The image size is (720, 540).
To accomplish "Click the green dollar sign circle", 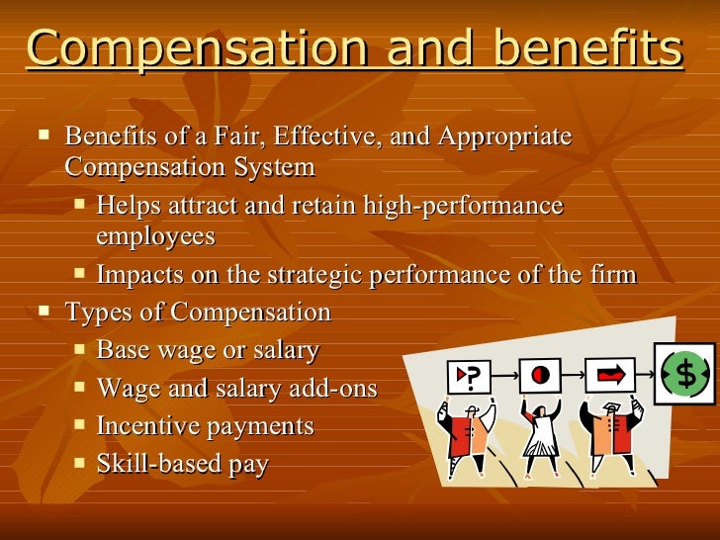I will (684, 374).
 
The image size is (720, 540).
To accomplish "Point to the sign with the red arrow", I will (609, 376).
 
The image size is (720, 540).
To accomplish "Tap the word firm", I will (612, 274).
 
